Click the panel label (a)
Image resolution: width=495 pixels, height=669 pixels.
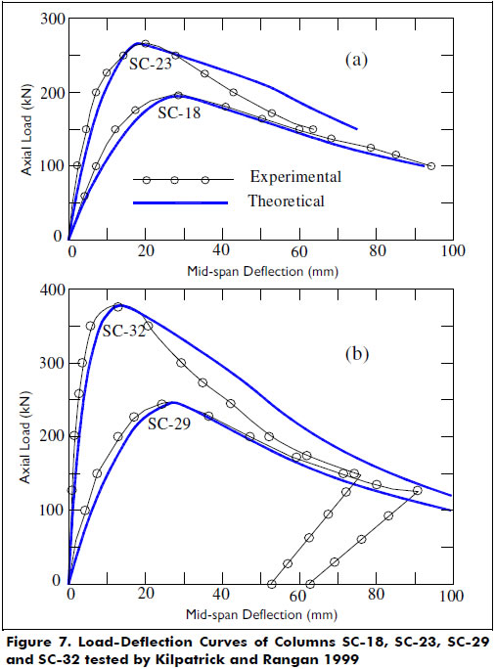(357, 60)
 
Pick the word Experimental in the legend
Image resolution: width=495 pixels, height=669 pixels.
(295, 178)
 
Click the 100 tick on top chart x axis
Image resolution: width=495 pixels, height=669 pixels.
(451, 252)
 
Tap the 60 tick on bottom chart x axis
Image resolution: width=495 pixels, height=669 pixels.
(298, 595)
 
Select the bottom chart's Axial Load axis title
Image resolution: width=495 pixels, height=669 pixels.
(24, 436)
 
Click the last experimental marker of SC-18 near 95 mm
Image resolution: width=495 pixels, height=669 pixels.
(430, 166)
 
